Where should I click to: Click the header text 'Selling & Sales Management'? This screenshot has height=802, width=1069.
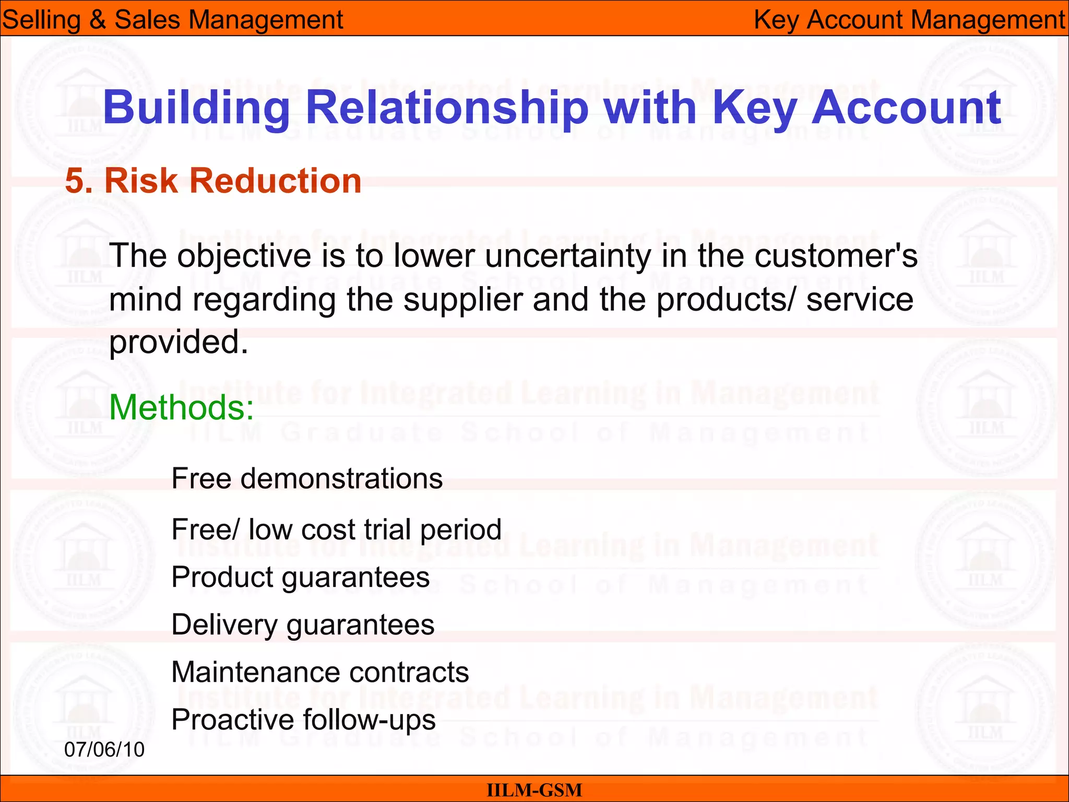[172, 20]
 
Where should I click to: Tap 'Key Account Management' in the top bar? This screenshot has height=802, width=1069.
[909, 20]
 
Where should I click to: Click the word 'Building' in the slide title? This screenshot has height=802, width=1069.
[196, 108]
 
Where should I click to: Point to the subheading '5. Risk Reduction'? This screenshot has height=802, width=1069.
[213, 181]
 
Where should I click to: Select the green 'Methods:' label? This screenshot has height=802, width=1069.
[181, 407]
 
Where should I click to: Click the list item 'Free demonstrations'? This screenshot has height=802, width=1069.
[307, 478]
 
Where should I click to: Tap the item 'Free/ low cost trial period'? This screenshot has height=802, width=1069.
[336, 529]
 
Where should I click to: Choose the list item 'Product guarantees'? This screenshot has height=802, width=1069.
[300, 577]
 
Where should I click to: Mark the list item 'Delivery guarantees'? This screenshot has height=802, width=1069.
[303, 625]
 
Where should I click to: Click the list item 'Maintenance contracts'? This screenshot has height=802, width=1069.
[320, 672]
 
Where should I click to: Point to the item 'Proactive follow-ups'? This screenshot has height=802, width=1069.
[303, 720]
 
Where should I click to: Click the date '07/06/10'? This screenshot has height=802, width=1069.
[104, 750]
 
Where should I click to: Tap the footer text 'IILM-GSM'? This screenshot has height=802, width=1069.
[534, 790]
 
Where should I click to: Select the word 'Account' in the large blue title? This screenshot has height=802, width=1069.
[906, 108]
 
